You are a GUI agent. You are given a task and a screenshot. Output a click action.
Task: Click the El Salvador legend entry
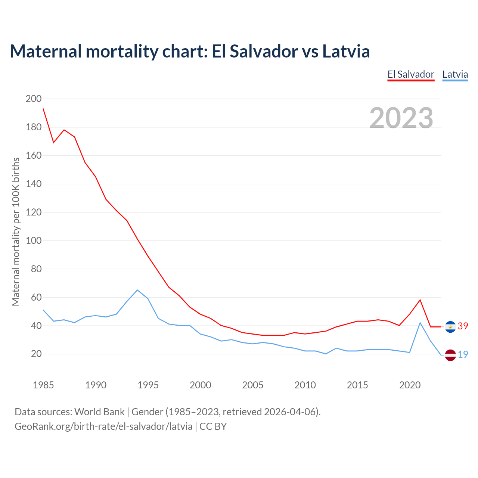411,74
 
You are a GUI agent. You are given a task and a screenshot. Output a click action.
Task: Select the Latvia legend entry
455,74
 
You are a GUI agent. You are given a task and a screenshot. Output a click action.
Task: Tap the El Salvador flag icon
450,327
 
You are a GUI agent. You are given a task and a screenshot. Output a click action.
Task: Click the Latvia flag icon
450,355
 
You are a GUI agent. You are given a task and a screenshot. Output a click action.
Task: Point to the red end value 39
463,326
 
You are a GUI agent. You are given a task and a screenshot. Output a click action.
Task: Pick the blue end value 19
463,354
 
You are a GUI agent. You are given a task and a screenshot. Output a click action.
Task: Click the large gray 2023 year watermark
401,118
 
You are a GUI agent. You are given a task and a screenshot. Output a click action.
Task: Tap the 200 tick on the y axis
33,99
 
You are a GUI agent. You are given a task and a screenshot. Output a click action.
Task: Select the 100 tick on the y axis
33,240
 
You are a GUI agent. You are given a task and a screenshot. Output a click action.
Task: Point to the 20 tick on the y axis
36,354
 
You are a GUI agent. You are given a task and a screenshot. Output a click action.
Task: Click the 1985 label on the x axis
43,385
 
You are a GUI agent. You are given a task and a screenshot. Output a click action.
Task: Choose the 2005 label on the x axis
253,385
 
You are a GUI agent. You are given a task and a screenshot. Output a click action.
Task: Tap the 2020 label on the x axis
410,385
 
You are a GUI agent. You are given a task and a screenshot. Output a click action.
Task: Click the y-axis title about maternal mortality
16,232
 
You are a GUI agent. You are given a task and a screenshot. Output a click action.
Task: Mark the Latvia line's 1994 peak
137,290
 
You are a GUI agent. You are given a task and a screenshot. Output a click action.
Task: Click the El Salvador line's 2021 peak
420,300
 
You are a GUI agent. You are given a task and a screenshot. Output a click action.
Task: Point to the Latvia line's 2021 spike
420,323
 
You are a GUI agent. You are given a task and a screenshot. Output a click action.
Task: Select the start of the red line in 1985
43,109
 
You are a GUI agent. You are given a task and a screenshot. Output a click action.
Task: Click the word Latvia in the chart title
346,51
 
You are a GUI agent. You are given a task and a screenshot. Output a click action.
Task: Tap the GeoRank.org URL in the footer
103,426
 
